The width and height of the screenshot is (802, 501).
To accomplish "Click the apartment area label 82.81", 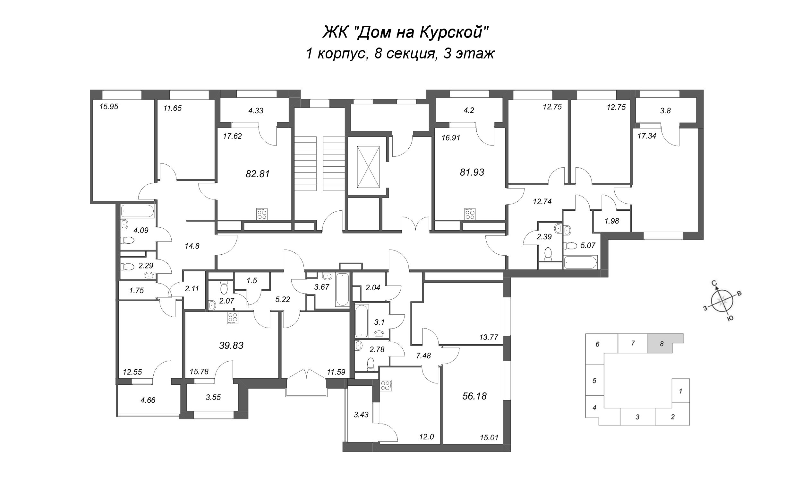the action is [258, 174].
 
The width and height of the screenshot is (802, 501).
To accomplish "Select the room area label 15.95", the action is [109, 107].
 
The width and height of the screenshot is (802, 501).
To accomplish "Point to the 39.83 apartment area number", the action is [231, 346].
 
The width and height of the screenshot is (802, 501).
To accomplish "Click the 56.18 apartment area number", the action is [474, 396].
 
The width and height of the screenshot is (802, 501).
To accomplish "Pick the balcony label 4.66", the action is [148, 400].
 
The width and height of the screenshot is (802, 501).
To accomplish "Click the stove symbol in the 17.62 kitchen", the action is [262, 214].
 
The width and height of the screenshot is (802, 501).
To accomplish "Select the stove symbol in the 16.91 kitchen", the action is [469, 214].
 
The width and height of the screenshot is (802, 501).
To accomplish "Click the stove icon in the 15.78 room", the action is [233, 318].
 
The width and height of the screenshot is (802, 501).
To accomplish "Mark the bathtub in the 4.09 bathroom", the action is [137, 211].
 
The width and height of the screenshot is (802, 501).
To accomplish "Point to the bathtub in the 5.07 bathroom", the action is [581, 262].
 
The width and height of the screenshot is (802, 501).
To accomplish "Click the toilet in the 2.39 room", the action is [548, 253].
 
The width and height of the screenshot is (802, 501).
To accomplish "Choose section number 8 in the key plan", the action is [662, 344].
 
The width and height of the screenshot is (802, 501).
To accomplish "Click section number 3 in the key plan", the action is [637, 417].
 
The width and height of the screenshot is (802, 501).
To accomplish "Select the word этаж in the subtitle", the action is [475, 54].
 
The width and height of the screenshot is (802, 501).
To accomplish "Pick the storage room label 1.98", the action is [612, 221].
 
